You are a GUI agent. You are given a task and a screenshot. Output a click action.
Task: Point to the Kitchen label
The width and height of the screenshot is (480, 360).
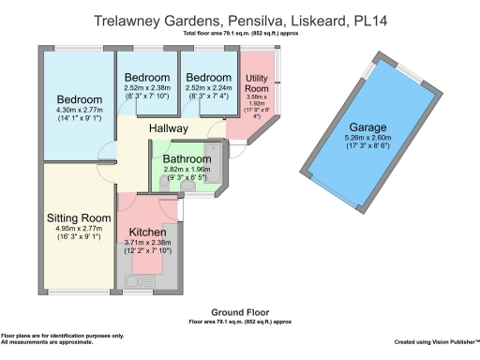[x=148, y=232]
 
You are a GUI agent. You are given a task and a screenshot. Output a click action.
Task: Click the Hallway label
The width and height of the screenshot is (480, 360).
[x=169, y=127]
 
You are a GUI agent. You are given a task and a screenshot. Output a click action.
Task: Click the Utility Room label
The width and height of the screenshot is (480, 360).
[x=256, y=83]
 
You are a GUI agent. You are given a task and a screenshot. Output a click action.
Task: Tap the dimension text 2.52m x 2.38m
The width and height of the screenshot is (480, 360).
[x=147, y=87]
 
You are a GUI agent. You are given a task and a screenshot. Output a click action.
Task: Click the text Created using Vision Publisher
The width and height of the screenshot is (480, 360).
[x=436, y=342]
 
